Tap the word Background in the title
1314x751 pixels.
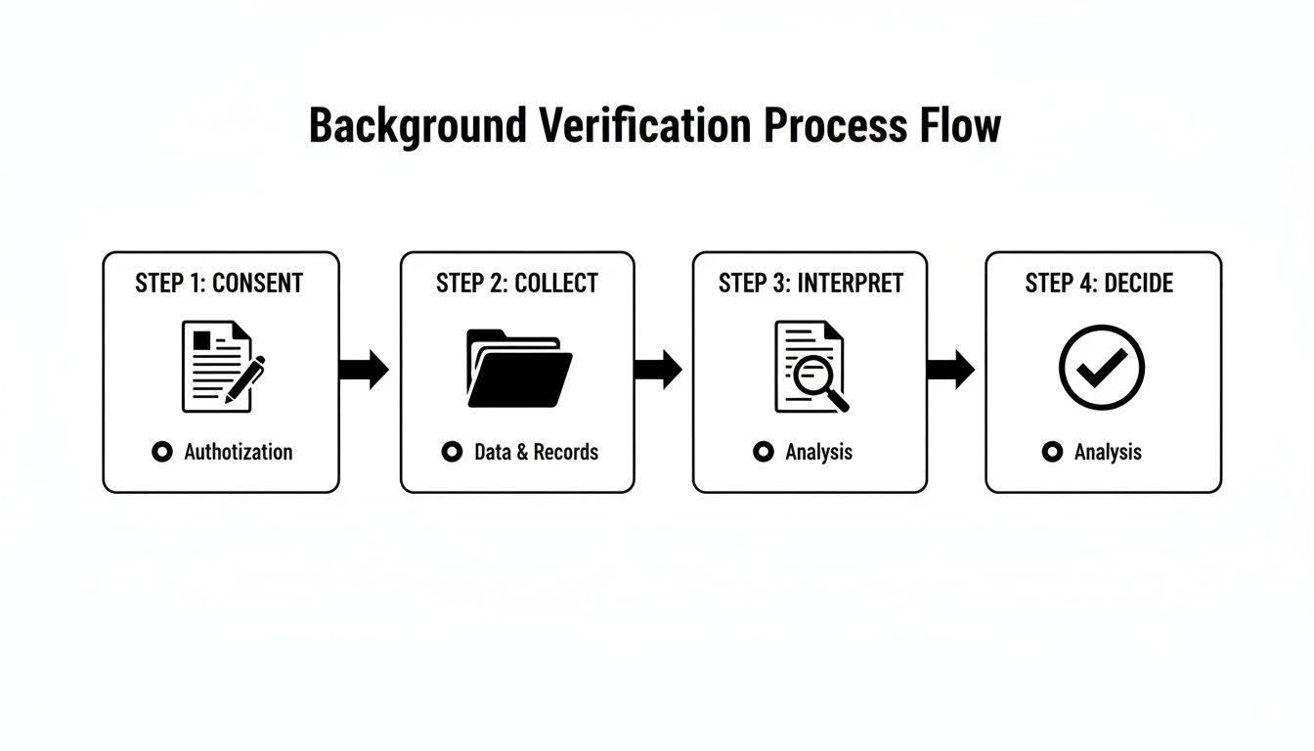(x=417, y=127)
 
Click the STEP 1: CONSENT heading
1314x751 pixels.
(x=219, y=284)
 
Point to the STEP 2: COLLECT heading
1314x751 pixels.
(x=517, y=284)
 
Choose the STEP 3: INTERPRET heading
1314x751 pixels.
(x=810, y=284)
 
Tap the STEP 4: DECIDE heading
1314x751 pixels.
(x=1099, y=284)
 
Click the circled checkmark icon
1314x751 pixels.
(x=1102, y=368)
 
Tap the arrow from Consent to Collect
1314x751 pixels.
(x=364, y=369)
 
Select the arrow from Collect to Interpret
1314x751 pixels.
(x=658, y=369)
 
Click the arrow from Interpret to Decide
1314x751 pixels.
(x=950, y=369)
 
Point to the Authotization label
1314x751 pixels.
(x=238, y=452)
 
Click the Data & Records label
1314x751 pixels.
(x=536, y=452)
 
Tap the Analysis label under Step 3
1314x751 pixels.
(x=818, y=452)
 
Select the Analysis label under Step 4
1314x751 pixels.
(x=1108, y=452)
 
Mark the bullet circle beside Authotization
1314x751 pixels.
(x=162, y=452)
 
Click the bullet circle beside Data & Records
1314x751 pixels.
(x=452, y=452)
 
